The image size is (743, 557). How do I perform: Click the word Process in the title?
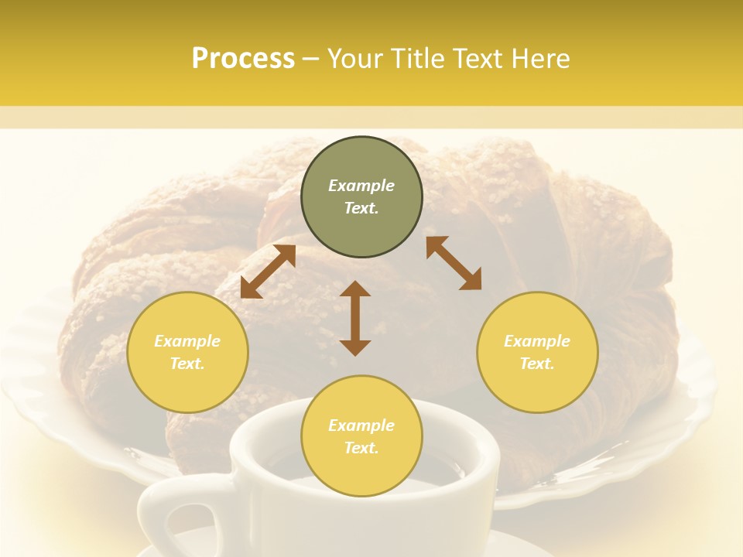[243, 59]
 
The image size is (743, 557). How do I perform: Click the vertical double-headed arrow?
[355, 318]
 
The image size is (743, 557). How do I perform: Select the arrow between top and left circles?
[268, 272]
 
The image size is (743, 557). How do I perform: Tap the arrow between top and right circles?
[454, 263]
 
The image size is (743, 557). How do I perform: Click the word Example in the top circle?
[361, 186]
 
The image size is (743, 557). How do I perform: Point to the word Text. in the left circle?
[187, 364]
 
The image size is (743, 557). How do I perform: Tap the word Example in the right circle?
[537, 341]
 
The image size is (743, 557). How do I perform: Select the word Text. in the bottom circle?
[361, 448]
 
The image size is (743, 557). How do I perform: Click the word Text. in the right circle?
[537, 364]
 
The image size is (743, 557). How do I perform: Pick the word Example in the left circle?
[187, 341]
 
